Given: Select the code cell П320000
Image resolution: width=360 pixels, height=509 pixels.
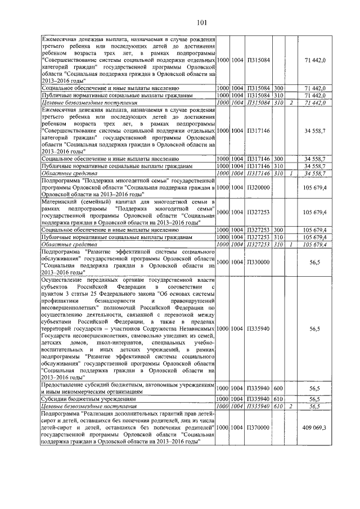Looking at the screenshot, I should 258,187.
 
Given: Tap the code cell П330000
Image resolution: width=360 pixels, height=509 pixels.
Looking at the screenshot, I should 258,262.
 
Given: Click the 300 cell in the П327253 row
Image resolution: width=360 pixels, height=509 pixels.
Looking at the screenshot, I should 278,230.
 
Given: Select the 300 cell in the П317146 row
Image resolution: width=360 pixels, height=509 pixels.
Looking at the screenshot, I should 278,159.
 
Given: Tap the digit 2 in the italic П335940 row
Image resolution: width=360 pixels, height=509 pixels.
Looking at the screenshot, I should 291,406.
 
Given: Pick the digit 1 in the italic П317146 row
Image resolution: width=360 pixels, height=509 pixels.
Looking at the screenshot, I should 291,174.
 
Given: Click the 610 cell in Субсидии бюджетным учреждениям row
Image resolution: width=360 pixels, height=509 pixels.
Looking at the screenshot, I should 278,398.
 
